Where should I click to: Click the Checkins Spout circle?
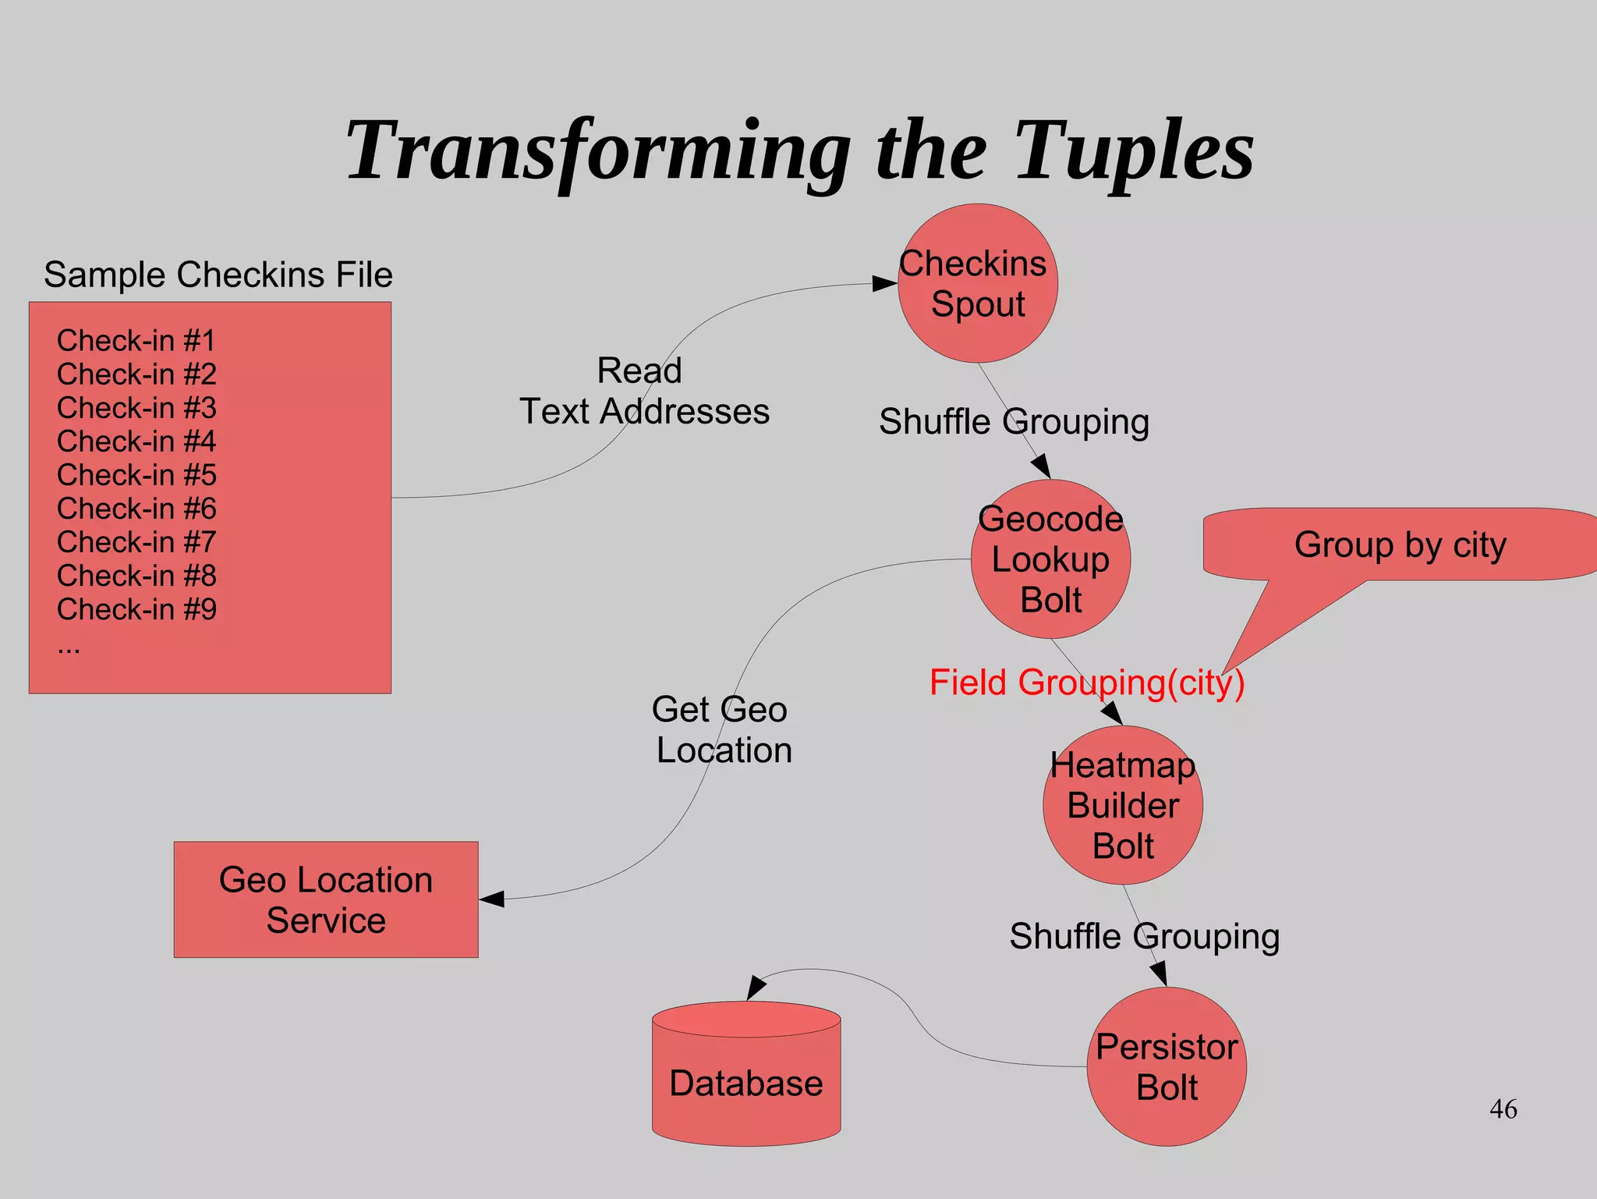[x=977, y=283]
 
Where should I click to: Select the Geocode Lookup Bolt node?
[x=1050, y=559]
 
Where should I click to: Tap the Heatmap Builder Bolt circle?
[x=1122, y=805]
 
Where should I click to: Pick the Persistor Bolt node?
[x=1166, y=1066]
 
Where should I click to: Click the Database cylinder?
[x=746, y=1082]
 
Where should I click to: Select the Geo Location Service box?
[x=326, y=899]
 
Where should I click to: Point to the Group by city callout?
[x=1400, y=545]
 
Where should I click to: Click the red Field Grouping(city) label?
[x=1086, y=683]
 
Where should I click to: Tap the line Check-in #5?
[x=136, y=474]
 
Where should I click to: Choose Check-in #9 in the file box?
[x=136, y=609]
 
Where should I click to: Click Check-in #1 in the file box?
[x=136, y=341]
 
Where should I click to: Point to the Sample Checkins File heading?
[x=218, y=275]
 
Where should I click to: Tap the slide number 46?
[x=1503, y=1109]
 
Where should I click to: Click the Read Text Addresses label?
[x=643, y=391]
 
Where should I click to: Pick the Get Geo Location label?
[x=722, y=729]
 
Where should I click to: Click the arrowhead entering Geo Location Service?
[x=493, y=899]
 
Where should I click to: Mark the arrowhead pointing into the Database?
[x=755, y=987]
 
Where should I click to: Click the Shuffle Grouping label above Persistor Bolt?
[x=1144, y=936]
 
